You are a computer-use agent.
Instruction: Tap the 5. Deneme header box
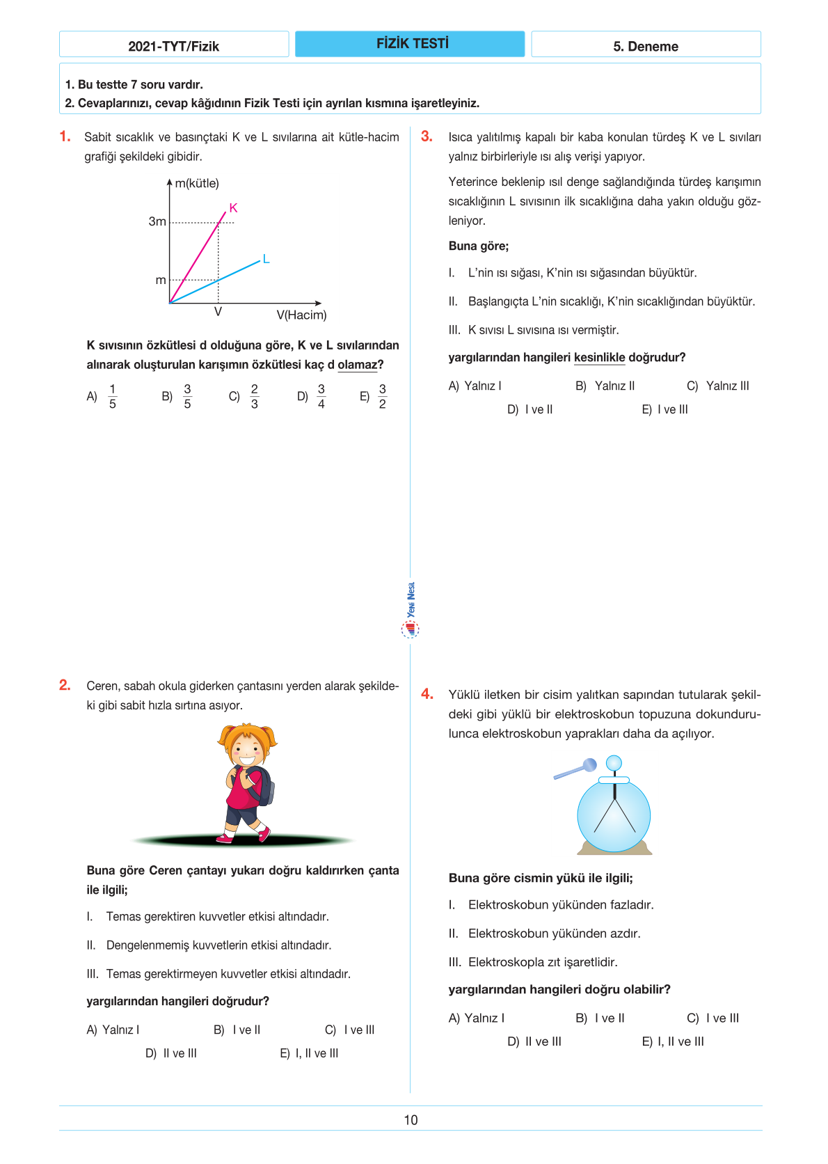(645, 46)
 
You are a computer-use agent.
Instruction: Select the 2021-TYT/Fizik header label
(173, 46)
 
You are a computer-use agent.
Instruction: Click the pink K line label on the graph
(233, 207)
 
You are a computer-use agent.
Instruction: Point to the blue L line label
(266, 259)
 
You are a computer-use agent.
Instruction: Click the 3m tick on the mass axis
(157, 221)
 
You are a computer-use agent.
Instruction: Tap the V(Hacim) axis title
(301, 315)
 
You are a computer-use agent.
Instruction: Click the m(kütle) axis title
(197, 183)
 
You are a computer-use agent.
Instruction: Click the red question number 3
(427, 136)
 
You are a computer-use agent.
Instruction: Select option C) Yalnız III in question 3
(718, 386)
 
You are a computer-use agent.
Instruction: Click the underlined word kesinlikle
(599, 357)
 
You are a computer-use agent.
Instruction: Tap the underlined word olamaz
(357, 364)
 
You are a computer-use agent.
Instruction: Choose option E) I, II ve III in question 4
(673, 1041)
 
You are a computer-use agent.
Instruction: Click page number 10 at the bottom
(411, 1119)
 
